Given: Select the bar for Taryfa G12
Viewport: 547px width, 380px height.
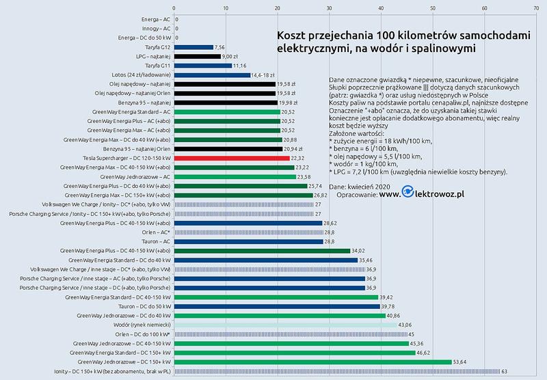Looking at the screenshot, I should click(194, 47).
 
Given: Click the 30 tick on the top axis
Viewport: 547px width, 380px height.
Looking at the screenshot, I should click(330, 8).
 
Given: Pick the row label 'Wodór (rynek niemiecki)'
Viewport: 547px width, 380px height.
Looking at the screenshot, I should click(137, 325).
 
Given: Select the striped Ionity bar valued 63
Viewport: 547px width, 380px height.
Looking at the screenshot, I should click(337, 371).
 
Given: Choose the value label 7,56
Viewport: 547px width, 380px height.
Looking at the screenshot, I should click(220, 47).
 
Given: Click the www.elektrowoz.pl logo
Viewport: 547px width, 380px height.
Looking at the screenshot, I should click(423, 194).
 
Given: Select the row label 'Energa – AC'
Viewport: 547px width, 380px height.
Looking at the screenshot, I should click(155, 19).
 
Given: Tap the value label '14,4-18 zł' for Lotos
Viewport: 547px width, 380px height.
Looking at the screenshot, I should click(263, 74).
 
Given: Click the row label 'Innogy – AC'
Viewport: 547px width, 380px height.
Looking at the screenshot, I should click(155, 29).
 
